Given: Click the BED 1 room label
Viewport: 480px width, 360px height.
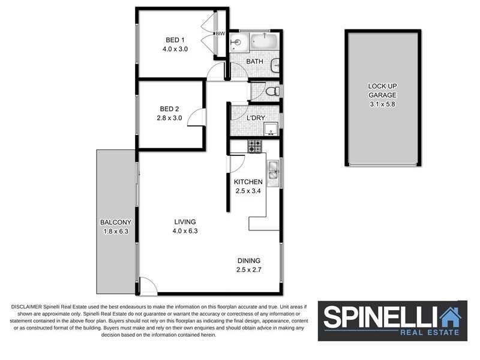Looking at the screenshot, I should point(175,40).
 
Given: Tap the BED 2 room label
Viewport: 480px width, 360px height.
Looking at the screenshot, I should point(169,109).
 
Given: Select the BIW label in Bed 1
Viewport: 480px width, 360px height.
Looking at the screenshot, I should point(220,34).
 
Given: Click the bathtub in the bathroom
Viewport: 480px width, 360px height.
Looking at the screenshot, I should point(264,42).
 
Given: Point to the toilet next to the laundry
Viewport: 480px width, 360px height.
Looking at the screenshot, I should point(271,92).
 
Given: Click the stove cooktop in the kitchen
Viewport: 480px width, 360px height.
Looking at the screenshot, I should point(254,146).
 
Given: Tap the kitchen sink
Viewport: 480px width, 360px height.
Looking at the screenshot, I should point(273,170).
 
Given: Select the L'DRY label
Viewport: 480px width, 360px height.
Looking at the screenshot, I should point(256,118).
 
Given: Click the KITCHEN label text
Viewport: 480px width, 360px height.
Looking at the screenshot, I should point(248,182).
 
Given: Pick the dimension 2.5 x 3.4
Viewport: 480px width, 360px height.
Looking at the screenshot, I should point(248,191).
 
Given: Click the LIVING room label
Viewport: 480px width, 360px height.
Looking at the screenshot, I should point(185,221).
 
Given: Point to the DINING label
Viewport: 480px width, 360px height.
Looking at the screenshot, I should point(248,260).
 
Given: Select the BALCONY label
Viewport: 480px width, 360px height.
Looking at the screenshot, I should point(115,222).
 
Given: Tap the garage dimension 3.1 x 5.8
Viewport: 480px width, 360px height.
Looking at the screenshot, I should point(382,104).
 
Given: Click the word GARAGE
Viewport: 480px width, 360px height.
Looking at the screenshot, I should point(382,95).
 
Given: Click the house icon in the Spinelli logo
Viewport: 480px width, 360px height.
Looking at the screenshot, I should point(449,316).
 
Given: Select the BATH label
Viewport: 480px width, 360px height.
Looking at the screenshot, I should point(255,61).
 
